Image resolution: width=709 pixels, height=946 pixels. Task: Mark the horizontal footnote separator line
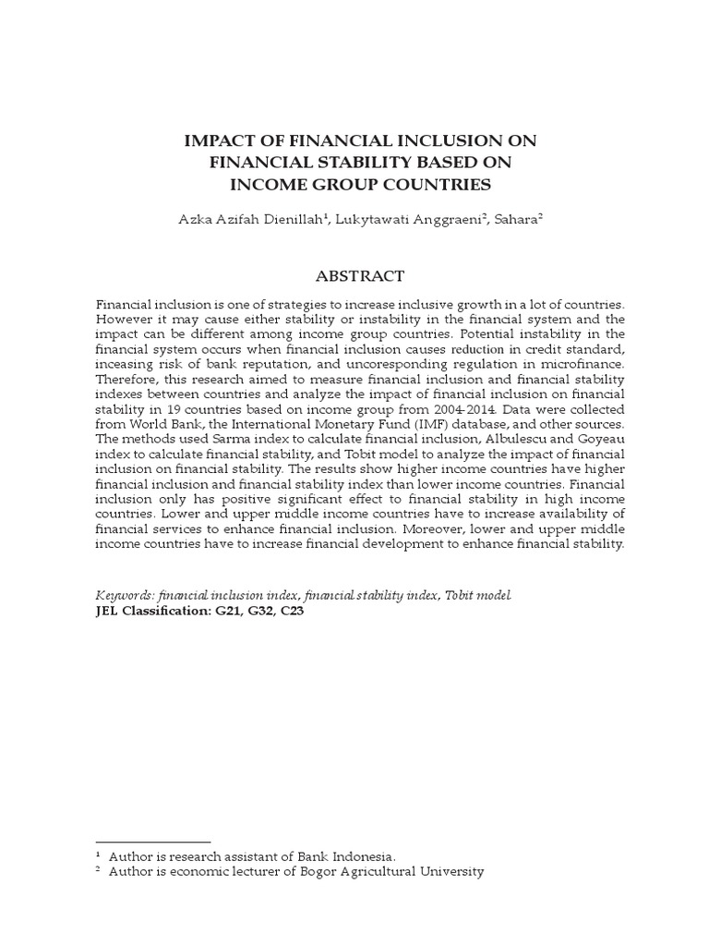point(153,842)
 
